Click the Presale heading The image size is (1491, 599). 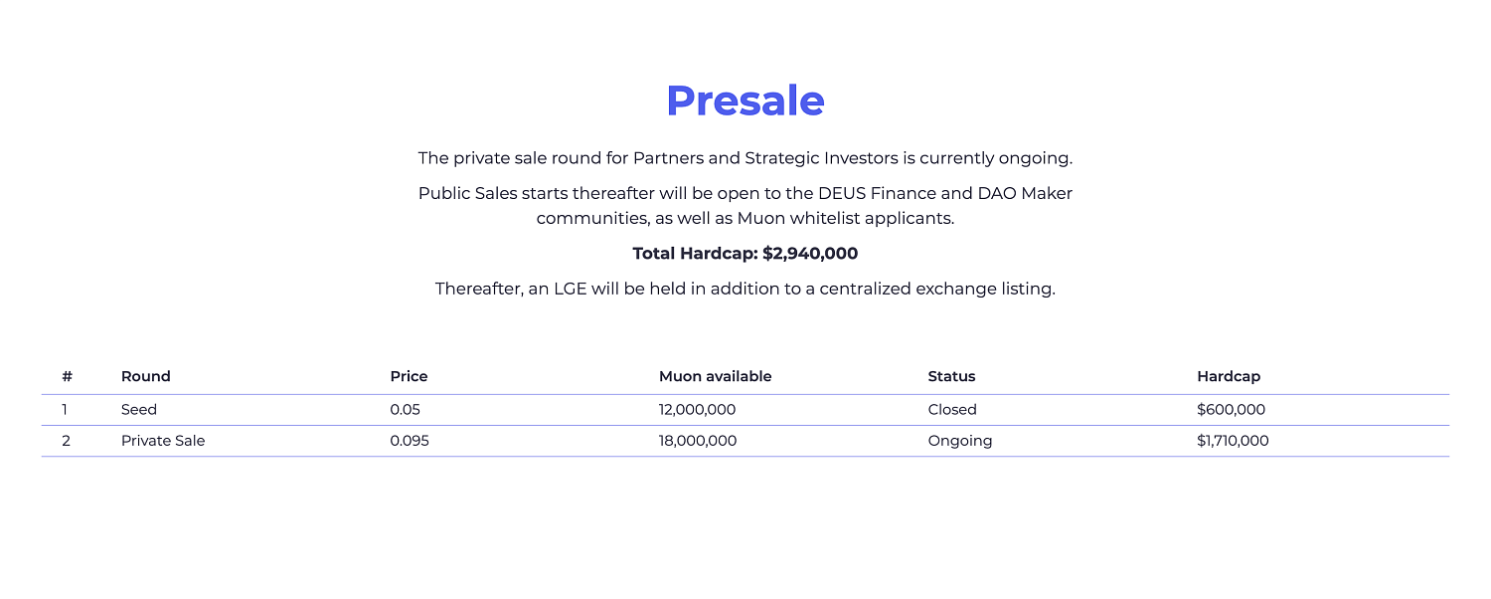coord(745,101)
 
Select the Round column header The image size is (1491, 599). coord(146,376)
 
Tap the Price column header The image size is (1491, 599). coord(409,376)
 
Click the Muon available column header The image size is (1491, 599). coord(715,376)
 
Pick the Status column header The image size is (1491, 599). coord(951,376)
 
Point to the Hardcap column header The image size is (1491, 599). coord(1229,376)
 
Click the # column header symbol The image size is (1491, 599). coord(67,376)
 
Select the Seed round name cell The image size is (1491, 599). coord(138,410)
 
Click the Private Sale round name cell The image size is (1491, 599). coord(163,441)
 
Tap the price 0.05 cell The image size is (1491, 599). coord(405,410)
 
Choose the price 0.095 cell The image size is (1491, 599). coord(410,441)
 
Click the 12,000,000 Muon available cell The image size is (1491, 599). coord(697,410)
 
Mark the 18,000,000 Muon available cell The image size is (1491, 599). coord(698,441)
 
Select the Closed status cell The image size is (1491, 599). coord(952,410)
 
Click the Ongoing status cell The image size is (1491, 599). coord(960,441)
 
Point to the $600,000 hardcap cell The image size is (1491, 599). coord(1231,410)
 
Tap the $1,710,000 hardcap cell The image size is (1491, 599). coord(1233,441)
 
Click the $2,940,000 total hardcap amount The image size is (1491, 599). coord(810,254)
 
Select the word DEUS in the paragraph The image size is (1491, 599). coord(841,193)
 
